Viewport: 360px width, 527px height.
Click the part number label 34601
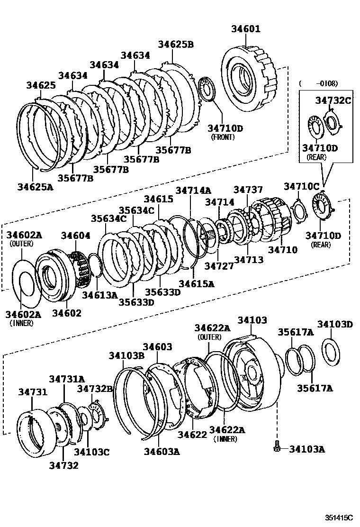tap(245, 29)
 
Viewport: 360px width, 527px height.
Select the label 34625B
tap(176, 45)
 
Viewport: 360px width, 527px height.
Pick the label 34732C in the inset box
tap(333, 100)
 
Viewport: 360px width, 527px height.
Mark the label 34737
tap(248, 190)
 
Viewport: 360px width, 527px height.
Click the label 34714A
tap(193, 190)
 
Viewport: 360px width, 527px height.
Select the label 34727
tap(218, 266)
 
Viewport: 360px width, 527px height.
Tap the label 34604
tap(75, 236)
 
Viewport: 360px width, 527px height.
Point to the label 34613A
tap(99, 295)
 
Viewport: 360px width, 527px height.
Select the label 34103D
tap(335, 324)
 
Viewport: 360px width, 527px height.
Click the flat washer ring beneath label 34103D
tap(331, 351)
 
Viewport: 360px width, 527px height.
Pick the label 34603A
tap(162, 451)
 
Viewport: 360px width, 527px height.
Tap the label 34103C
tap(91, 452)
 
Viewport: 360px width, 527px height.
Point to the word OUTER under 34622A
tap(210, 337)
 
